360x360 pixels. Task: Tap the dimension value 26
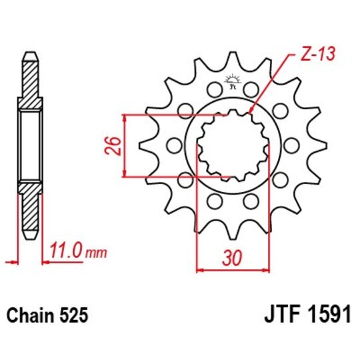(114, 145)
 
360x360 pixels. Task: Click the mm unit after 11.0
(97, 253)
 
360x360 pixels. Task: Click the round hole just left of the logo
(213, 88)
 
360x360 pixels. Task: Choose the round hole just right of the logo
(252, 89)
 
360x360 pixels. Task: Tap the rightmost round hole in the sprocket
(293, 145)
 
